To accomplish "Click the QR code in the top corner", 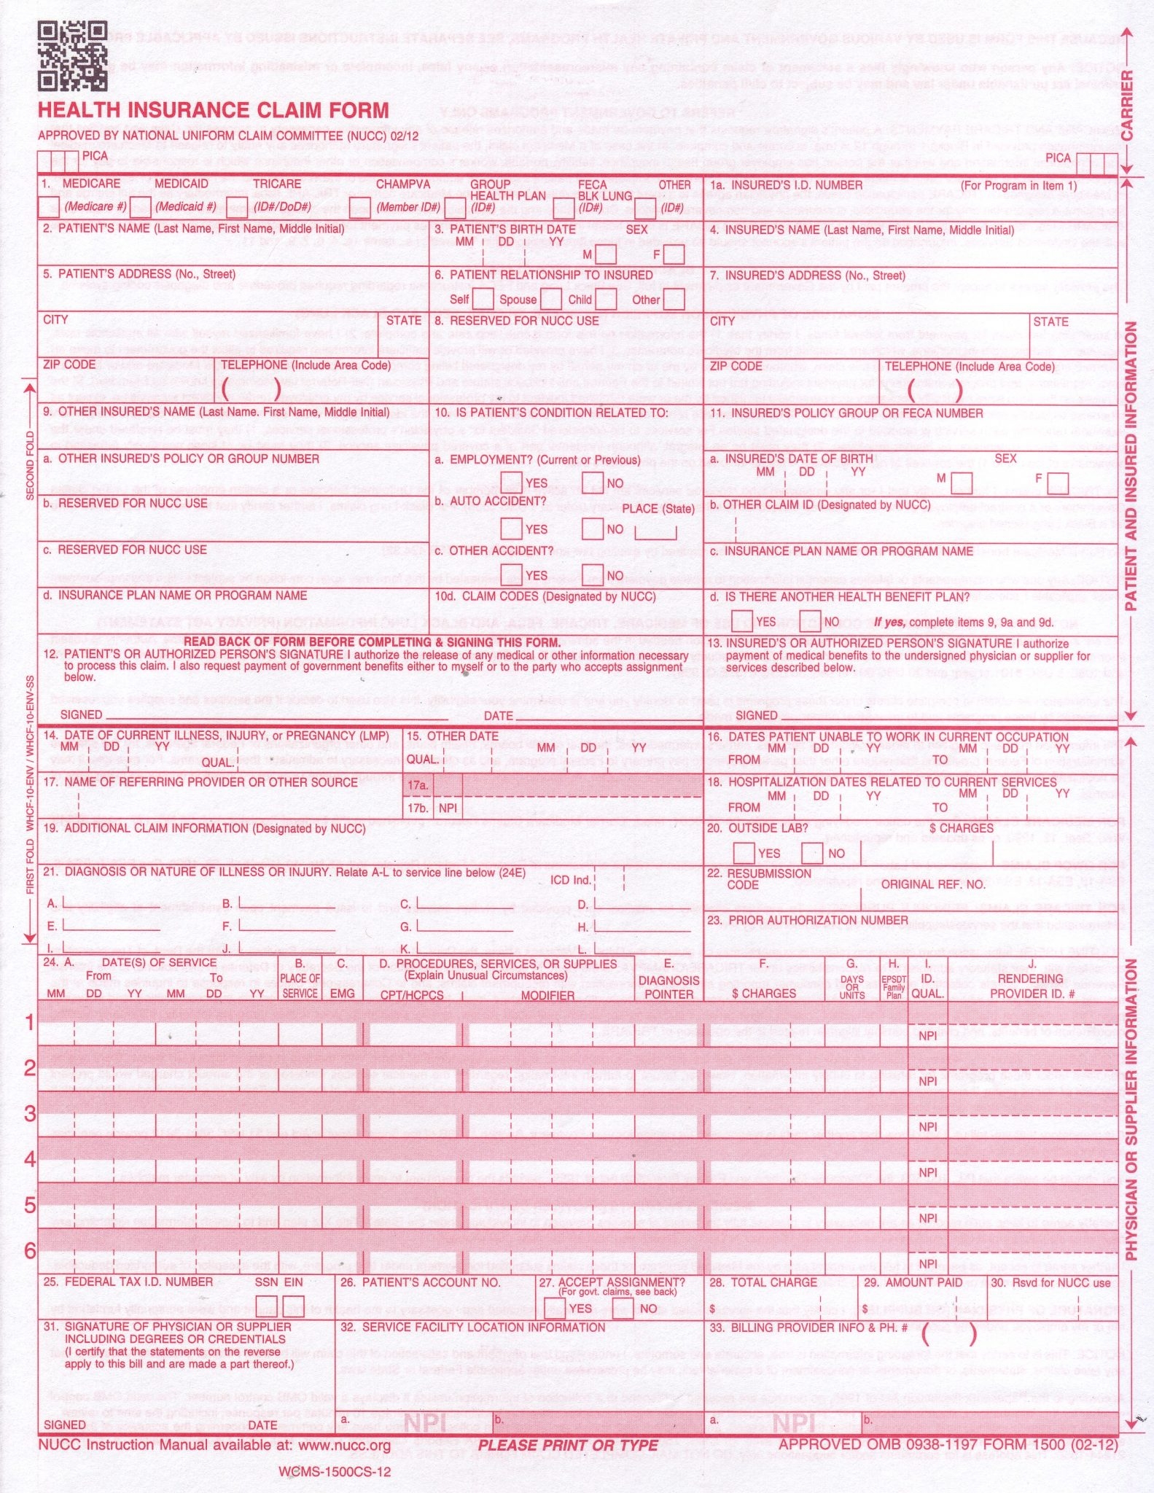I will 72,56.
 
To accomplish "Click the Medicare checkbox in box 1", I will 48,207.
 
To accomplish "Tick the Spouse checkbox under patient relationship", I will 551,299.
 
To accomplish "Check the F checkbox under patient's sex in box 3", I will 674,254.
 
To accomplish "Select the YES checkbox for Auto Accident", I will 512,529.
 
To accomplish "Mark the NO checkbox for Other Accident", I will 593,575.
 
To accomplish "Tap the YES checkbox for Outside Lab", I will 744,852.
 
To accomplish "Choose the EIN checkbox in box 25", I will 293,1306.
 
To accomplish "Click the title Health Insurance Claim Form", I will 213,111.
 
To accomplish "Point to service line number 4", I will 30,1159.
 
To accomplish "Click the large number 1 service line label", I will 30,1023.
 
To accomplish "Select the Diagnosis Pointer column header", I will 668,987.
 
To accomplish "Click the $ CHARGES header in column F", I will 764,993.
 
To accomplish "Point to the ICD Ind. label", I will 570,880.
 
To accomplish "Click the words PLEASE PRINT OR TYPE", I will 568,1446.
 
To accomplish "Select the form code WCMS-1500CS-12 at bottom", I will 335,1471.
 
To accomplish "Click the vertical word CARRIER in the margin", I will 1127,106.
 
